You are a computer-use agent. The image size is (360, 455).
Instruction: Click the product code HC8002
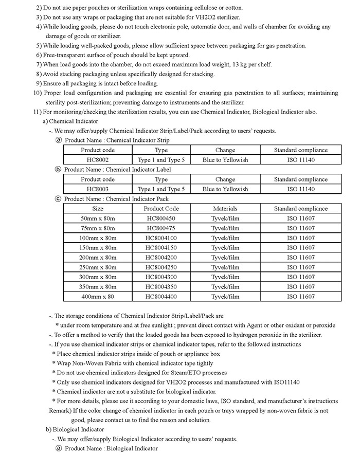tap(98, 160)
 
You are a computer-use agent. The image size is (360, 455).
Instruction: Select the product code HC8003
tap(98, 189)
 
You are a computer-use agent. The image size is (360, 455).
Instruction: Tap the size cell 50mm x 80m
tap(98, 219)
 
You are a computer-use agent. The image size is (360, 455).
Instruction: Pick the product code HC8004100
tap(161, 238)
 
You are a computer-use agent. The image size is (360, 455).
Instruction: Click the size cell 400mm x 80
tap(98, 297)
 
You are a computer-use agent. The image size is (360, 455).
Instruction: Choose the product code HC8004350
tap(161, 287)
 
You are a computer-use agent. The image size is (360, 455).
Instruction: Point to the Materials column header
tap(225, 209)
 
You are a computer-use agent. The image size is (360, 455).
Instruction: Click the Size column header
tap(98, 209)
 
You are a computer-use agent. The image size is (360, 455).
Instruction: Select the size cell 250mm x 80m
tap(98, 267)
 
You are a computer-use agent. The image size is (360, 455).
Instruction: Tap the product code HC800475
tap(161, 228)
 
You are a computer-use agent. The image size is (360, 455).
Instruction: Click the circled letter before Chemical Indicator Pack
tap(58, 199)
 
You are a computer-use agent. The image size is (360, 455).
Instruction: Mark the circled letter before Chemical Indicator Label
tap(58, 169)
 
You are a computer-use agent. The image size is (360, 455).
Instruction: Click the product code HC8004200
tap(161, 258)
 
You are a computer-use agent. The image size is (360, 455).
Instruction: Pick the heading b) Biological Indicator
tap(75, 429)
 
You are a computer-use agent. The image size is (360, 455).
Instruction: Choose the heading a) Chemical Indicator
tap(72, 121)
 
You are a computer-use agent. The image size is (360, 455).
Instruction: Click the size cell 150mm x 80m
tap(98, 248)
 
